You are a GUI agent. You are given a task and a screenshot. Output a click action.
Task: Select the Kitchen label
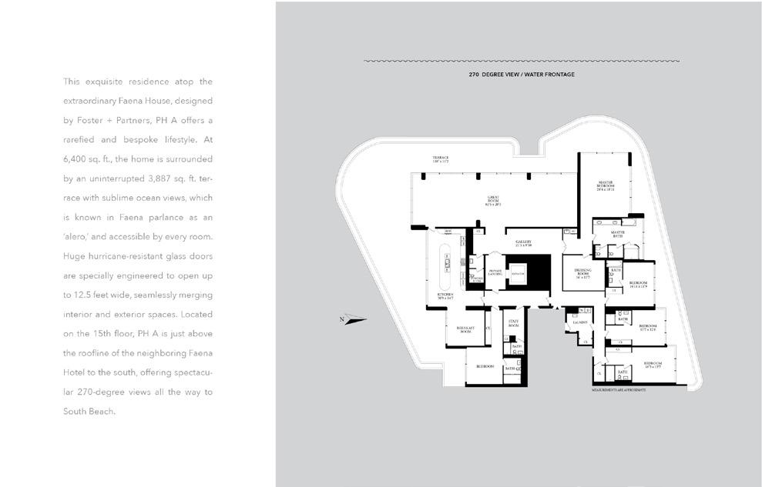445,295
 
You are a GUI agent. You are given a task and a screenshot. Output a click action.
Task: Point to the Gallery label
524,242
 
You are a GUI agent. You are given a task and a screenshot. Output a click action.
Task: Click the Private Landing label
495,272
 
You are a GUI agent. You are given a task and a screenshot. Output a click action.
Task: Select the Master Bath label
618,232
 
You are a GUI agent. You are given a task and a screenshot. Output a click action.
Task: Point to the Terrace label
440,158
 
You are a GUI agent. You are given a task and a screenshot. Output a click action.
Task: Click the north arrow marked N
354,319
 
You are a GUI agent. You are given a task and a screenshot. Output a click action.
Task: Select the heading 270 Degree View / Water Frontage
521,75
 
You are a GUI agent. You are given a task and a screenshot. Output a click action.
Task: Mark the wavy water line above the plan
521,61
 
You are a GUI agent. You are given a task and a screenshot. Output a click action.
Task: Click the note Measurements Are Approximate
619,391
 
